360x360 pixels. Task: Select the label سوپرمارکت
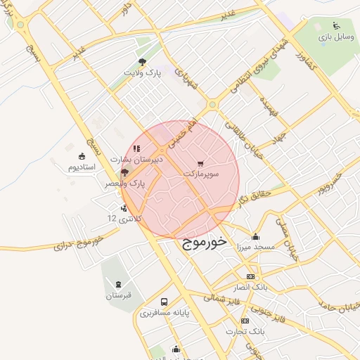click(x=202, y=172)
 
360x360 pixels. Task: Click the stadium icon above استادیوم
click(x=82, y=156)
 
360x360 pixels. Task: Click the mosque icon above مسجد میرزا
click(x=255, y=237)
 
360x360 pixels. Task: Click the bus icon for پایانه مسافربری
click(x=164, y=302)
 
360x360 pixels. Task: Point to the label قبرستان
click(x=119, y=295)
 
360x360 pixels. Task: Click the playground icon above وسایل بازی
click(x=335, y=25)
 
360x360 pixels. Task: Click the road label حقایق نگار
click(x=251, y=194)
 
